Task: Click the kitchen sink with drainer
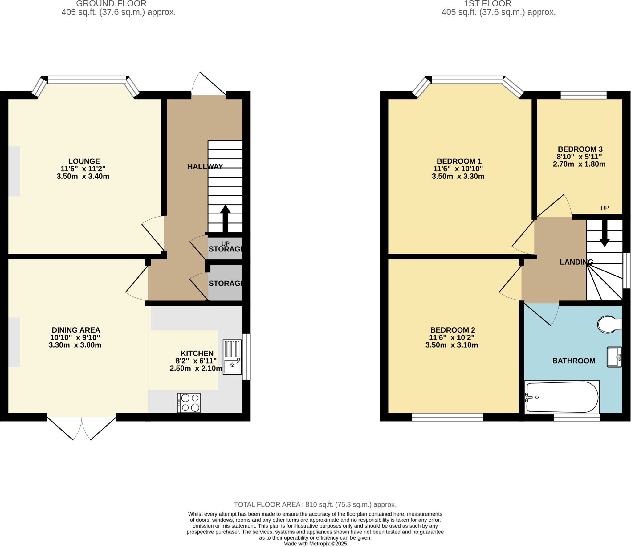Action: click(232, 357)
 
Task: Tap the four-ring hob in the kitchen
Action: click(189, 403)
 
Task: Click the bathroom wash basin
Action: click(614, 357)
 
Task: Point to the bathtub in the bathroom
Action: click(562, 397)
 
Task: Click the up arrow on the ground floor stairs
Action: click(225, 218)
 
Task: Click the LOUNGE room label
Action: click(84, 161)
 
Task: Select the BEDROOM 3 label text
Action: click(580, 149)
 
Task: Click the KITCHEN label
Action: click(197, 353)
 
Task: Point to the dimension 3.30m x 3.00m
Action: click(75, 345)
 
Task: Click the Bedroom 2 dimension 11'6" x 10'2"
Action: click(451, 337)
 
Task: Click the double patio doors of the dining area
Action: click(82, 428)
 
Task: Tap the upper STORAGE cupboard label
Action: click(226, 249)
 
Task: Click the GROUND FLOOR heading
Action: click(111, 4)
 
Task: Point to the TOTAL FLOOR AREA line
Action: click(315, 504)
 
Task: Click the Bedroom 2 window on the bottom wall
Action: click(447, 417)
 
